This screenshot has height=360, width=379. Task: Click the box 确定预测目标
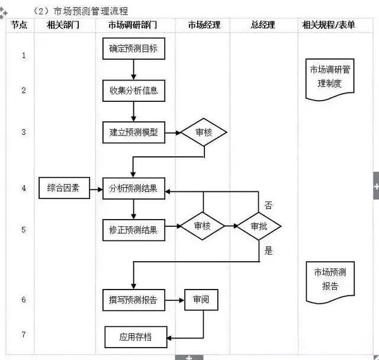click(133, 48)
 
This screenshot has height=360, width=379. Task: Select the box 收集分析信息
click(133, 91)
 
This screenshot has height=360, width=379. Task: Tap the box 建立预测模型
click(133, 133)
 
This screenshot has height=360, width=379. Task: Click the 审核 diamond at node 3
click(204, 133)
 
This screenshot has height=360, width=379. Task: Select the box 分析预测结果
click(133, 189)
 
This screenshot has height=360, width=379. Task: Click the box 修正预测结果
click(133, 230)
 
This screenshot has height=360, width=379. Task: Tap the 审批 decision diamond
click(259, 226)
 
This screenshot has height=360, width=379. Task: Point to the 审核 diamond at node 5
click(203, 226)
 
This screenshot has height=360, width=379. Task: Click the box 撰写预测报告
click(133, 300)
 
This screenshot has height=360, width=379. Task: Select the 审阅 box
click(200, 300)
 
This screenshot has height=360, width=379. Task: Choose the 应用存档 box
click(136, 337)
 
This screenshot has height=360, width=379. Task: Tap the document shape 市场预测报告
click(330, 279)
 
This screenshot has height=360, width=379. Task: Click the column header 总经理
click(263, 25)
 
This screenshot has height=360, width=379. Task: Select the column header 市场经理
click(204, 25)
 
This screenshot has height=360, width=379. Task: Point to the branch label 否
click(268, 206)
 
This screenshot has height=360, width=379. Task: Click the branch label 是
click(268, 251)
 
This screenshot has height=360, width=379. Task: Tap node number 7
click(24, 335)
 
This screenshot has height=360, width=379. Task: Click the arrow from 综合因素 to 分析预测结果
click(95, 189)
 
